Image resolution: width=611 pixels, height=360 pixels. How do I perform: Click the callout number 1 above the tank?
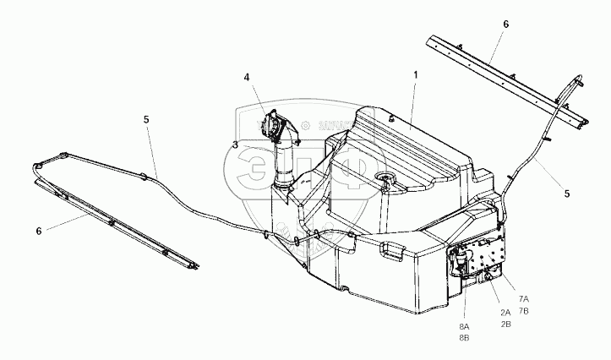coord(415,75)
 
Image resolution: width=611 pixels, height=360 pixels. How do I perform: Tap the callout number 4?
coord(248,78)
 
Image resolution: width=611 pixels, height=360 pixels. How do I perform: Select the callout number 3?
coord(235,145)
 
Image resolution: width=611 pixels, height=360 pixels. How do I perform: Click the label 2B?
coord(505,324)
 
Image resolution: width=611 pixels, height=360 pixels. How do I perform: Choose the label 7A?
coord(524,299)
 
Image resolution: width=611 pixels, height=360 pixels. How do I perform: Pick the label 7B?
coord(524,310)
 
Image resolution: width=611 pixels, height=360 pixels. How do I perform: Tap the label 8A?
coord(464,326)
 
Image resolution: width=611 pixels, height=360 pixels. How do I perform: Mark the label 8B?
coord(464,337)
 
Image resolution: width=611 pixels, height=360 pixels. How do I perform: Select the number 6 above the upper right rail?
coord(505,25)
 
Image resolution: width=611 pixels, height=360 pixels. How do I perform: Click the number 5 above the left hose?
coord(146,120)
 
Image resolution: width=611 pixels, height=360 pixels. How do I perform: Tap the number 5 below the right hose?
coord(566,194)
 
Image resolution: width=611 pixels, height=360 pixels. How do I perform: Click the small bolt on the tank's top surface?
coord(393,121)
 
